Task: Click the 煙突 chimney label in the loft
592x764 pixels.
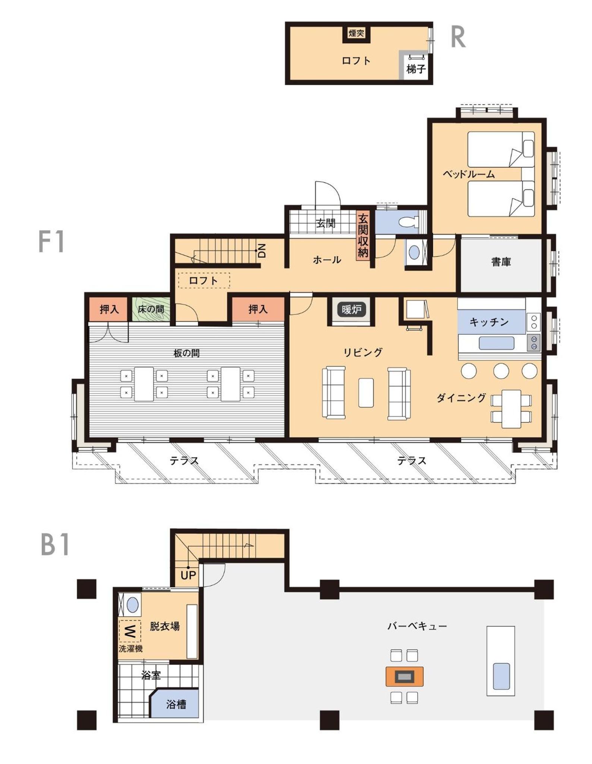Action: coord(356,33)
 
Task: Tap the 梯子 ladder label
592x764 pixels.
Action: coord(416,69)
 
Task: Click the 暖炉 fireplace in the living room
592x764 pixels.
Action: coord(351,309)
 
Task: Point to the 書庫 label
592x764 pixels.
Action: coord(501,262)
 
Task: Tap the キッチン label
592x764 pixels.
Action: coord(489,322)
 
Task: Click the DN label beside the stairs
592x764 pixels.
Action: coord(262,251)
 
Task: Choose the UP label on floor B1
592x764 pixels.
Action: coord(188,575)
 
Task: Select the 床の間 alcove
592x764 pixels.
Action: coord(151,309)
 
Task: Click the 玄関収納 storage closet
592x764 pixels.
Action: coord(363,236)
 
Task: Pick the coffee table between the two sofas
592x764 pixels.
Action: coord(366,393)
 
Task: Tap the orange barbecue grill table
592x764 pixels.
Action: coord(404,676)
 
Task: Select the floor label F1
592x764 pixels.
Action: coord(51,242)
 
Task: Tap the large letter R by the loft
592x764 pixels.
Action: coord(458,37)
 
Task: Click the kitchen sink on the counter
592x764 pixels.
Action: coord(497,343)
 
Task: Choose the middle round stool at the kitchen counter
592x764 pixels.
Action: coord(501,371)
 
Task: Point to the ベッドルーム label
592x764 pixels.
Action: coord(469,174)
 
